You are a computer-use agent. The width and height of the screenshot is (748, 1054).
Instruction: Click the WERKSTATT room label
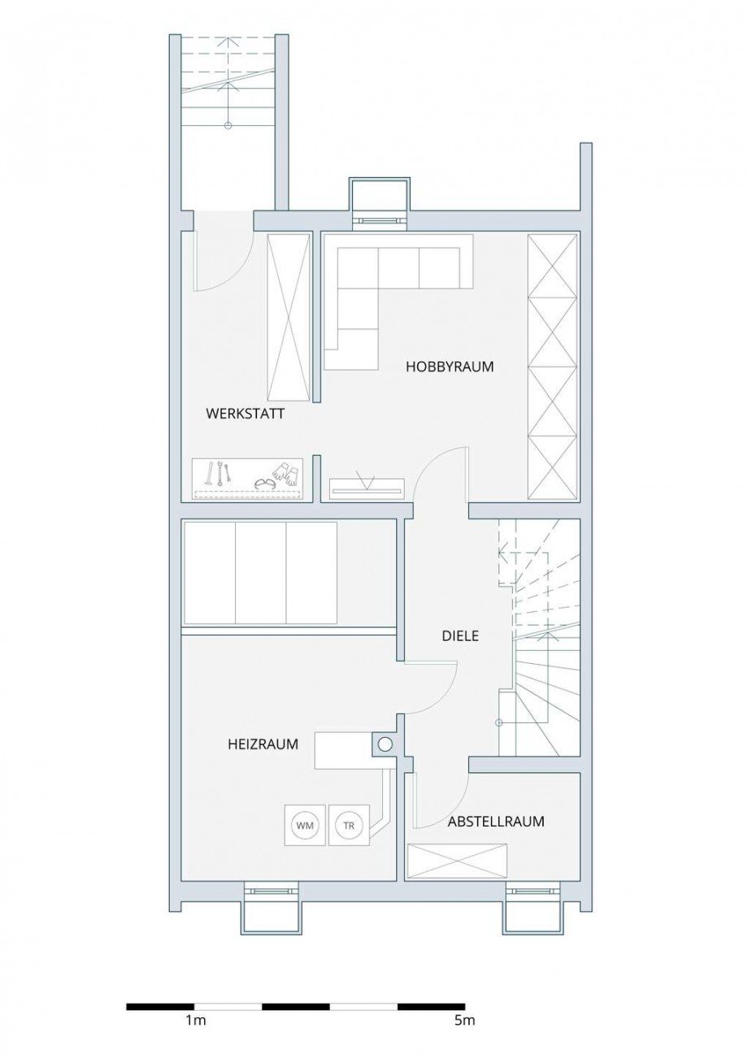tap(245, 414)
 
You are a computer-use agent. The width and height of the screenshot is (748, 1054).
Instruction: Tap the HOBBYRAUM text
tap(450, 367)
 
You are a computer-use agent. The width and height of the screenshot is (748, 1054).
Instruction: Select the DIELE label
tap(460, 636)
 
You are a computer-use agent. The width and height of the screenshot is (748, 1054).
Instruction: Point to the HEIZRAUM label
tap(263, 744)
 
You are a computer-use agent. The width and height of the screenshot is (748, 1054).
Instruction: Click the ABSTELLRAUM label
tap(496, 822)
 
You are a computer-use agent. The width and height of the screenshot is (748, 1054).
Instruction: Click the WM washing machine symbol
tap(305, 826)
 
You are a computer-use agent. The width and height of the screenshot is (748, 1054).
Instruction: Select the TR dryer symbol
tap(349, 826)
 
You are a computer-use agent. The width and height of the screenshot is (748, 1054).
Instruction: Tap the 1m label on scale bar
tap(195, 1021)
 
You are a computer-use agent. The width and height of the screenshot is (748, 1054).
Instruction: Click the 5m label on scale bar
tap(464, 1021)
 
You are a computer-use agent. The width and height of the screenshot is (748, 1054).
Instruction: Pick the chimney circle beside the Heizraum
tap(385, 743)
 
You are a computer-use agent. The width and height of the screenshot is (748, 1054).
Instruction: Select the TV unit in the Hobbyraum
tap(366, 488)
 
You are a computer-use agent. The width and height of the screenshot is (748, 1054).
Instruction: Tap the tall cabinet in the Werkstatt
tap(289, 317)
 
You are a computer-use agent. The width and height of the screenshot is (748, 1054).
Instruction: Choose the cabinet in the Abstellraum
tap(456, 861)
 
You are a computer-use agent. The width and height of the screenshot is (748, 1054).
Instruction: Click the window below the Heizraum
tap(272, 891)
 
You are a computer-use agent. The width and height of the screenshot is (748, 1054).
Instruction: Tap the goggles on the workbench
tap(264, 484)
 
